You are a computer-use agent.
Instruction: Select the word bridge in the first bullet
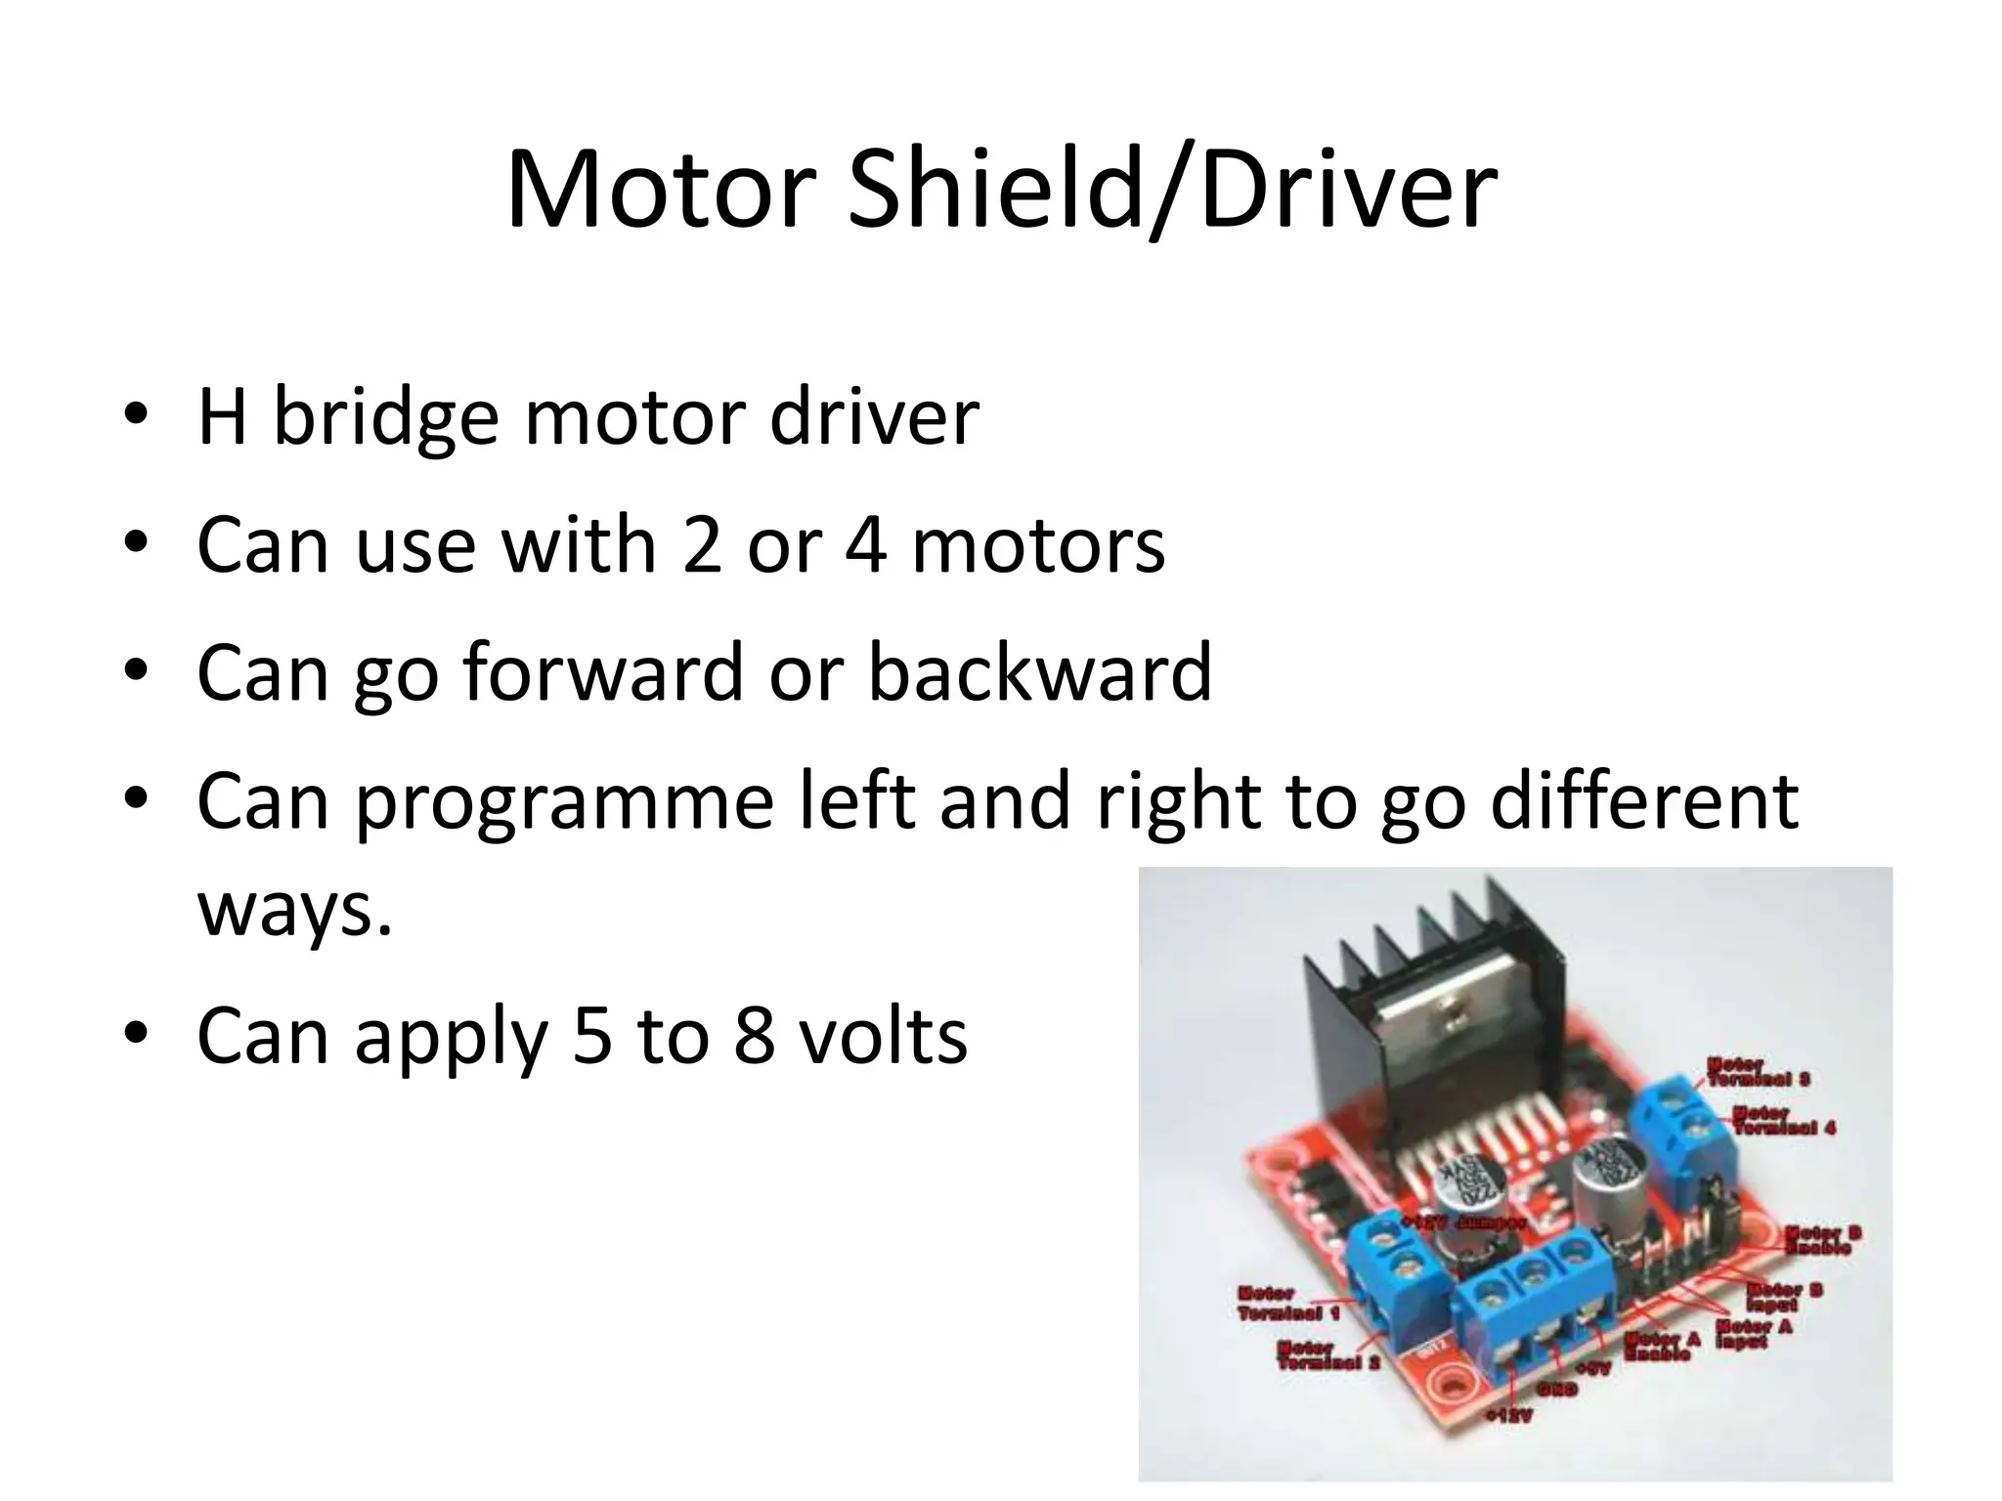click(385, 418)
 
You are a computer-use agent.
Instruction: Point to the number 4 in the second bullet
click(866, 545)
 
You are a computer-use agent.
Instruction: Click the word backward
click(1040, 673)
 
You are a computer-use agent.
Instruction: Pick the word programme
click(564, 802)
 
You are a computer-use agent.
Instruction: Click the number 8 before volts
click(754, 1037)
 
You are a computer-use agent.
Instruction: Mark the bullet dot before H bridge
click(136, 417)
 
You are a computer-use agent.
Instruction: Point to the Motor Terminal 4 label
click(1784, 1121)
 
